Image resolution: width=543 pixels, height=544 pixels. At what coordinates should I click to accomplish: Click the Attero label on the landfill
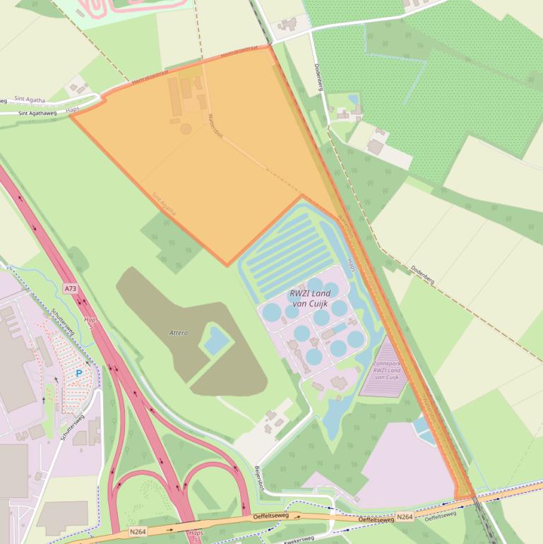pyautogui.click(x=179, y=332)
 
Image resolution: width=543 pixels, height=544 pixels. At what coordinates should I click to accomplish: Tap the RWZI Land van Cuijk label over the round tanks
pyautogui.click(x=309, y=298)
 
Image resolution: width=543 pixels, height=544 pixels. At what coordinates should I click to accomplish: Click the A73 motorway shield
pyautogui.click(x=70, y=289)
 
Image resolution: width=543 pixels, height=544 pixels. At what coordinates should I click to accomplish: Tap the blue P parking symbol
pyautogui.click(x=79, y=373)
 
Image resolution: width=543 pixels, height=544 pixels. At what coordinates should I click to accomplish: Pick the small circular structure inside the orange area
pyautogui.click(x=186, y=129)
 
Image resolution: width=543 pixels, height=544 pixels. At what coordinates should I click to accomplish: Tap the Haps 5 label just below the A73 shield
pyautogui.click(x=90, y=322)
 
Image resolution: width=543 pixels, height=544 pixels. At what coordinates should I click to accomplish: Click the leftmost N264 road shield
pyautogui.click(x=138, y=531)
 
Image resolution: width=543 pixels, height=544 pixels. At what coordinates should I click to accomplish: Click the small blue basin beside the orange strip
pyautogui.click(x=425, y=428)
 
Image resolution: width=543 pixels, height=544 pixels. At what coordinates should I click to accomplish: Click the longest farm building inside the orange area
pyautogui.click(x=175, y=97)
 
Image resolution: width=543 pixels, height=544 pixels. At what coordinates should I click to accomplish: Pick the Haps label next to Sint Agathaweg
pyautogui.click(x=73, y=110)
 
